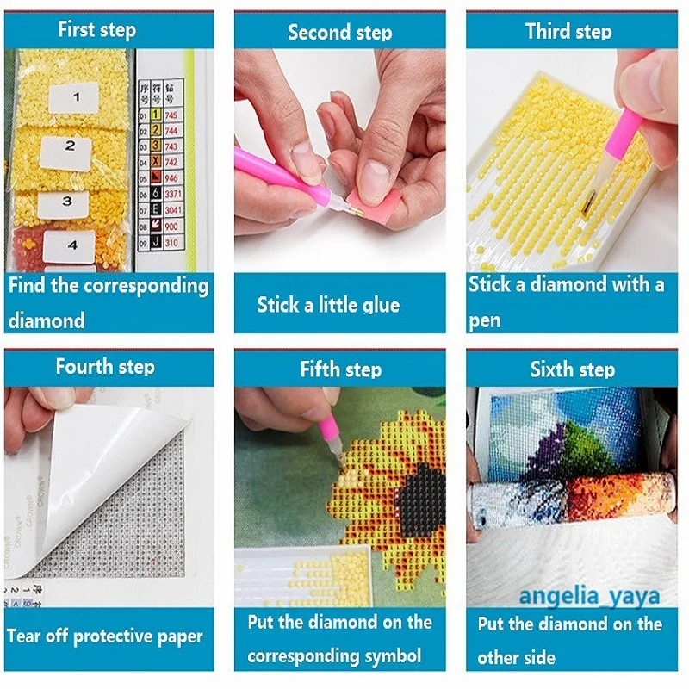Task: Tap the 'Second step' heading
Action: tap(339, 33)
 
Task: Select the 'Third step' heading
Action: tap(568, 32)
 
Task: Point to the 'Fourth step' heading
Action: tap(105, 367)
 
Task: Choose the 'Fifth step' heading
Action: tap(340, 369)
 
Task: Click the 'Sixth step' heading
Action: tap(573, 369)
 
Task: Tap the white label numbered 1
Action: tap(75, 97)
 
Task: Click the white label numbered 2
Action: tap(70, 146)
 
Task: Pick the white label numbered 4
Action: tap(71, 245)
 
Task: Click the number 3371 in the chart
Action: tap(172, 196)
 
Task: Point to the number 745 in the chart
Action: tap(172, 115)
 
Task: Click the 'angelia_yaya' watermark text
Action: tap(589, 596)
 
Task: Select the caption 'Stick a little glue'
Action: tap(328, 305)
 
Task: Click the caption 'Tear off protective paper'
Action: tap(105, 637)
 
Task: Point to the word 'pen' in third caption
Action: tap(484, 320)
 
